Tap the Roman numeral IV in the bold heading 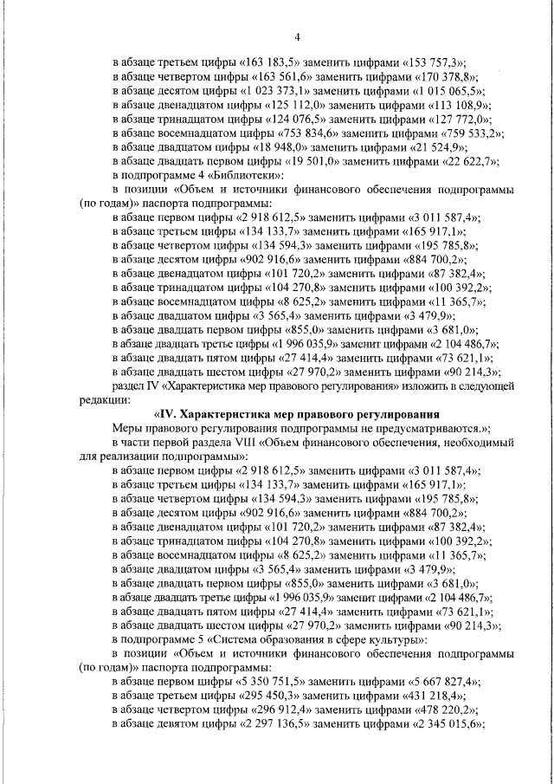(161, 413)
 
